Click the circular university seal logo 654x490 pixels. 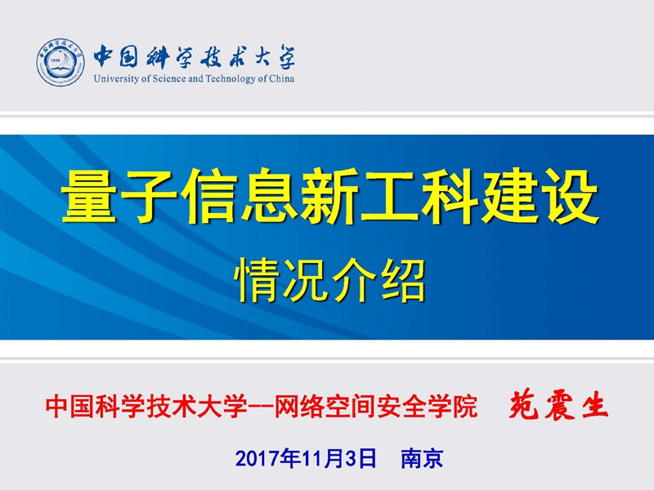[60, 63]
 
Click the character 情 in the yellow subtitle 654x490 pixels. [258, 280]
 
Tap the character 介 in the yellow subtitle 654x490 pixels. [354, 280]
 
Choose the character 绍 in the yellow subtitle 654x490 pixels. [402, 280]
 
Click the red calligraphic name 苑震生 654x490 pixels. [558, 404]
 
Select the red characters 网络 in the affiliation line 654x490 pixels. [300, 406]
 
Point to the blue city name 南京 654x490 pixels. [422, 458]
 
